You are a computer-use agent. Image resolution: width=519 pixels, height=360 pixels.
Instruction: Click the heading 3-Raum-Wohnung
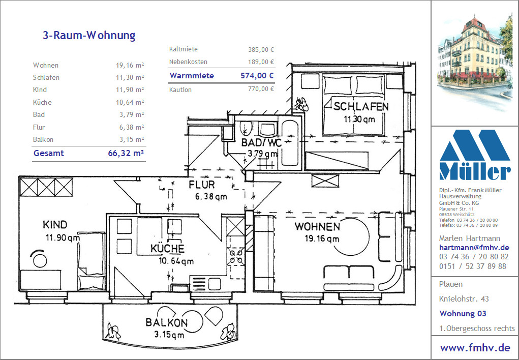tap(89, 36)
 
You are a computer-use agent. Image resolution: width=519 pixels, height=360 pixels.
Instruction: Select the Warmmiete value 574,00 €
tap(257, 76)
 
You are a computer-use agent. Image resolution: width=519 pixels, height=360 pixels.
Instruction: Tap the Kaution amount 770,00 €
tap(261, 89)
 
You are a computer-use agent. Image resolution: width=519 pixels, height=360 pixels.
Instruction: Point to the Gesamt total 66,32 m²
tap(126, 153)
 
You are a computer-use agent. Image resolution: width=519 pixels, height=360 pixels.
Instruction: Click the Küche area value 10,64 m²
tap(130, 102)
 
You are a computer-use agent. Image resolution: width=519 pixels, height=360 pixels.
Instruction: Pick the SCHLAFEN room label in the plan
tap(361, 107)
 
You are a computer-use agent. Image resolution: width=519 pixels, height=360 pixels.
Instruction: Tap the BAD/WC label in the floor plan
tap(261, 143)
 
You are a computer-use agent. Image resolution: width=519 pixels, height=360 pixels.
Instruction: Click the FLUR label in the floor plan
tap(202, 185)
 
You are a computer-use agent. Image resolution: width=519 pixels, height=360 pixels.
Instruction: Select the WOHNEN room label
tap(317, 227)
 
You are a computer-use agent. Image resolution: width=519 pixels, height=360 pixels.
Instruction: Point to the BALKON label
tap(167, 322)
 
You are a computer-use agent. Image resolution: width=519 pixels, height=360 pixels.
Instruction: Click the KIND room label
tap(55, 225)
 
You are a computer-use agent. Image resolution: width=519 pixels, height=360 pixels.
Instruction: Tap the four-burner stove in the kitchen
tap(236, 257)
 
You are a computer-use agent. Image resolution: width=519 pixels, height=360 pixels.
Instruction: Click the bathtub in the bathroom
tap(290, 143)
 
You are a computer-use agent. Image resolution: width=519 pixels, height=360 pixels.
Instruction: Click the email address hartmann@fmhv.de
tap(474, 248)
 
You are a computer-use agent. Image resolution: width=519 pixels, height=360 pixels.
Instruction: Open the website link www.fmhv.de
tap(475, 348)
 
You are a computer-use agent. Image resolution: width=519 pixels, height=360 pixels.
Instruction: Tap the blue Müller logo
tap(475, 155)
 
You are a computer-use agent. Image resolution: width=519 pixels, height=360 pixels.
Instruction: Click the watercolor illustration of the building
tap(475, 63)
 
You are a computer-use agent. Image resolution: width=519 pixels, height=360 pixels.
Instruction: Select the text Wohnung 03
tap(463, 313)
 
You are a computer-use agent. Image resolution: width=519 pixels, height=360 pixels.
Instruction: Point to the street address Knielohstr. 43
tap(464, 299)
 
